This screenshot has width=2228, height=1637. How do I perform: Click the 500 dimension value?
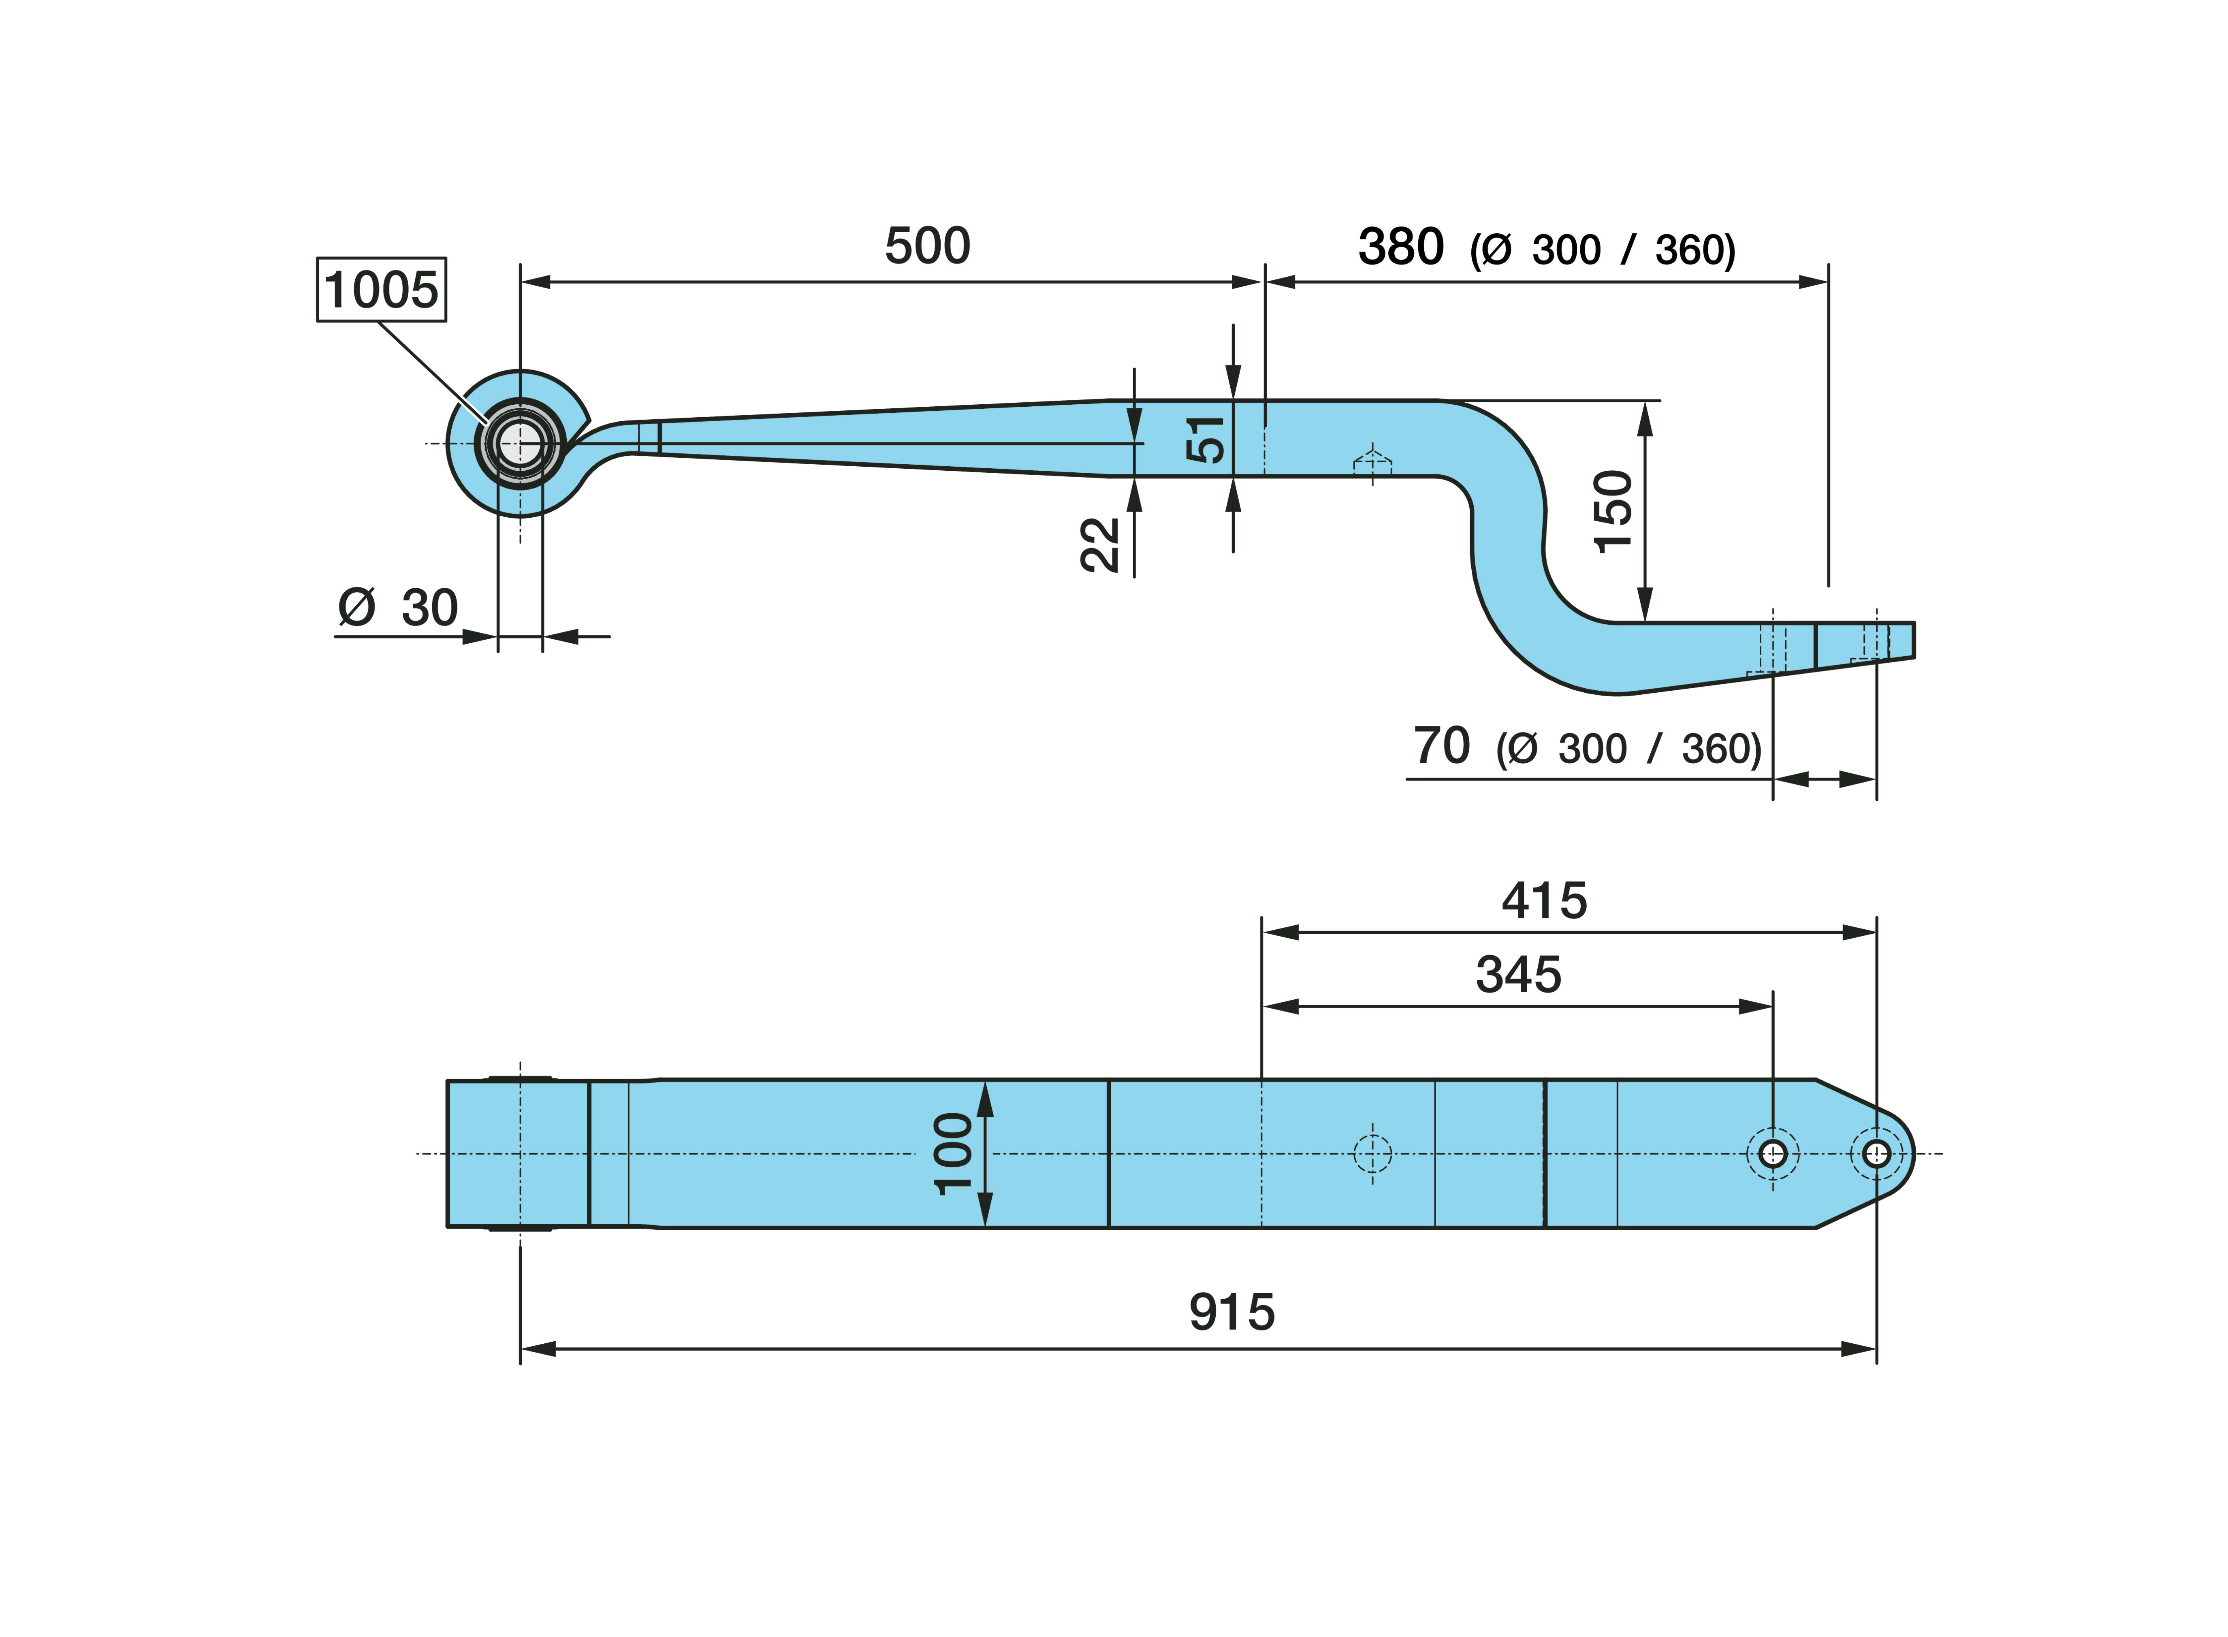point(927,246)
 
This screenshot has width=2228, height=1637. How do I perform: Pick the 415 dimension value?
point(1545,901)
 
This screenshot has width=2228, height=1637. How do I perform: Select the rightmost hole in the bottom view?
point(1876,1153)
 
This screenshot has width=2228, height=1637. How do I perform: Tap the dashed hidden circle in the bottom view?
point(1372,1153)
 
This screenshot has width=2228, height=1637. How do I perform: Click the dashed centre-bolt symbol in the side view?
point(1372,463)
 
